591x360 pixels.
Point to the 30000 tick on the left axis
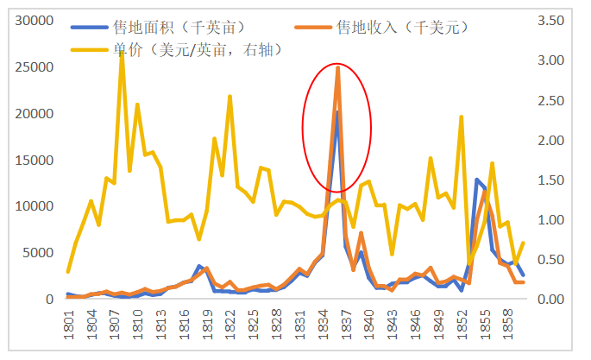click(x=36, y=20)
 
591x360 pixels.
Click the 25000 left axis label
click(x=36, y=66)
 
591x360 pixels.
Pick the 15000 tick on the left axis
click(x=36, y=160)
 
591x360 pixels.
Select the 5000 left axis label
click(x=40, y=253)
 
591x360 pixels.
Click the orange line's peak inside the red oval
click(x=337, y=66)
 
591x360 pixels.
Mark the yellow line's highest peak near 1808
click(x=122, y=53)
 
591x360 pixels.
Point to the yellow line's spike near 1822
click(x=229, y=97)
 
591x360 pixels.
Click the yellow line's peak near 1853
click(x=462, y=117)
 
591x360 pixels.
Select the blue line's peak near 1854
click(x=477, y=180)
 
